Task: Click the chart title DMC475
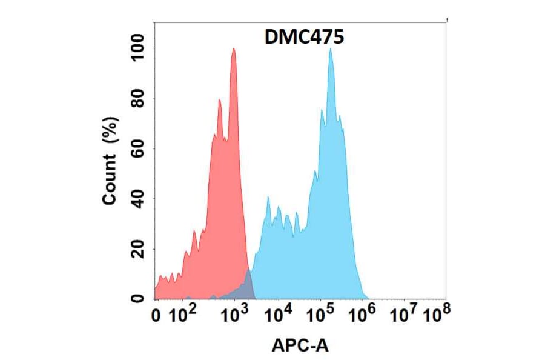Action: click(x=305, y=38)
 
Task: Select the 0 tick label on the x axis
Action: click(x=158, y=316)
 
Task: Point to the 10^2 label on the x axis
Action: click(x=183, y=315)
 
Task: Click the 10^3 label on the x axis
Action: click(x=234, y=315)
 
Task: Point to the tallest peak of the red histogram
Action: click(x=234, y=50)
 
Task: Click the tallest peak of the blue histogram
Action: click(x=331, y=50)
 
